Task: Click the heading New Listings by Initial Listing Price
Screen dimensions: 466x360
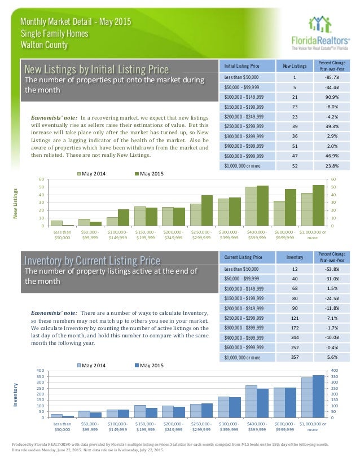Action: [96, 69]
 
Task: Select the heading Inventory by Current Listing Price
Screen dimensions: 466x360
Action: [92, 260]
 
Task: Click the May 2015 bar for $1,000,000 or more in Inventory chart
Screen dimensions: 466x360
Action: [319, 397]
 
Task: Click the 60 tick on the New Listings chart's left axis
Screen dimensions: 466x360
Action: [41, 180]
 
